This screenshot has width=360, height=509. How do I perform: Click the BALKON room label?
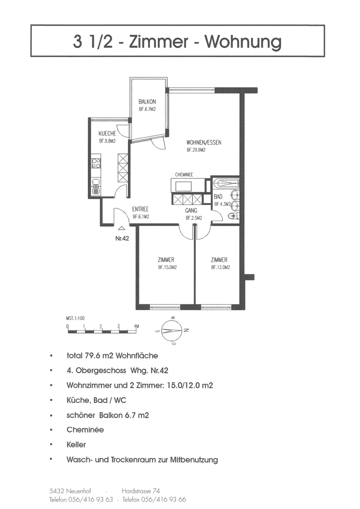pyautogui.click(x=147, y=101)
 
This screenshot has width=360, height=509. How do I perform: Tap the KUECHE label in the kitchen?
pyautogui.click(x=107, y=133)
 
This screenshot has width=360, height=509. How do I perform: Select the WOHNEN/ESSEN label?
pyautogui.click(x=204, y=143)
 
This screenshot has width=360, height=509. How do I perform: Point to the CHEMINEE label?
pyautogui.click(x=184, y=175)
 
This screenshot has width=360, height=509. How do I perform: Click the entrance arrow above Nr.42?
pyautogui.click(x=122, y=229)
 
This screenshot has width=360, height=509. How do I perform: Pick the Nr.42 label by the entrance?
pyautogui.click(x=122, y=238)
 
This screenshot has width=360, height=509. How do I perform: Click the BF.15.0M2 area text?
pyautogui.click(x=167, y=268)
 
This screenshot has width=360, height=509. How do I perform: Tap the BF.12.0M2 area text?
pyautogui.click(x=220, y=268)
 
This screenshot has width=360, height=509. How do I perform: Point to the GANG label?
pyautogui.click(x=191, y=211)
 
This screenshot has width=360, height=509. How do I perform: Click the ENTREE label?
pyautogui.click(x=140, y=209)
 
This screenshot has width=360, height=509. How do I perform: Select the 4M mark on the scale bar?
pyautogui.click(x=136, y=326)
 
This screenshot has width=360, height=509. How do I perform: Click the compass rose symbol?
pyautogui.click(x=172, y=331)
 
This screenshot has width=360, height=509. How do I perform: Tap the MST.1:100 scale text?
pyautogui.click(x=75, y=318)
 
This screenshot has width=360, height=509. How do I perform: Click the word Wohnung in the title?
pyautogui.click(x=243, y=42)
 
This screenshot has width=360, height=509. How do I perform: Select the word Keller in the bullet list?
pyautogui.click(x=76, y=444)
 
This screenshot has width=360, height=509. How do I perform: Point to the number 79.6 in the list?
pyautogui.click(x=93, y=356)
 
